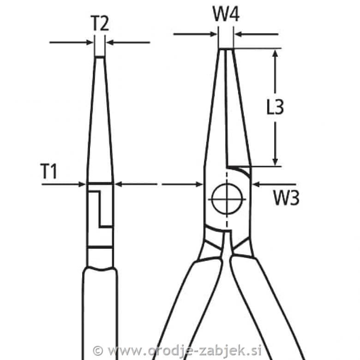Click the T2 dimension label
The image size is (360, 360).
[100, 23]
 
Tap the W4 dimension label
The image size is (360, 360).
[226, 14]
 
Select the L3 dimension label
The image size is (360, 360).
[275, 107]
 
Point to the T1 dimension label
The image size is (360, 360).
[48, 171]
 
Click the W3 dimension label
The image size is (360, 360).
[286, 198]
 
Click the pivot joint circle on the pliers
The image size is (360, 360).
[227, 199]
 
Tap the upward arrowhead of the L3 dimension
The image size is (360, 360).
[275, 53]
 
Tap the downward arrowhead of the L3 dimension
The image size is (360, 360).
[275, 162]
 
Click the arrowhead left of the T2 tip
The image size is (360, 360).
[90, 42]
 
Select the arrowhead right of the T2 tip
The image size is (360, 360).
[110, 42]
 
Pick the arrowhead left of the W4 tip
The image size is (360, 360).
[214, 35]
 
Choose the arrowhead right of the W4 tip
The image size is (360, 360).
[239, 35]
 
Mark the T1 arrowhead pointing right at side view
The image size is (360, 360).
[82, 184]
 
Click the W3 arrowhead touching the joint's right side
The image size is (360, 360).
[256, 184]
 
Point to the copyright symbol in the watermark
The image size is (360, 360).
[98, 351]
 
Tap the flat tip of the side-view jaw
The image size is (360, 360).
[100, 56]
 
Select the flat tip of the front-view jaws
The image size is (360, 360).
[226, 49]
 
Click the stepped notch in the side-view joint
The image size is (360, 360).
[101, 209]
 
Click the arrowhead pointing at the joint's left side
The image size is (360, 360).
[199, 184]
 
